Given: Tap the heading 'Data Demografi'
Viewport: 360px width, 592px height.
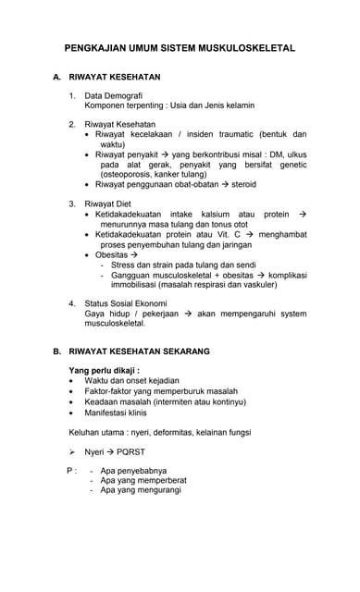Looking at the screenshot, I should (113, 96).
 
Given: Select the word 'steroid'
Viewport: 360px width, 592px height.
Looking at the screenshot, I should (244, 184).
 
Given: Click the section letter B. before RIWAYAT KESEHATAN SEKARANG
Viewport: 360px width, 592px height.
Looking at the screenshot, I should (57, 351).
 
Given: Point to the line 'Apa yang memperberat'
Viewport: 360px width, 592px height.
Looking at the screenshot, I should (143, 480).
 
